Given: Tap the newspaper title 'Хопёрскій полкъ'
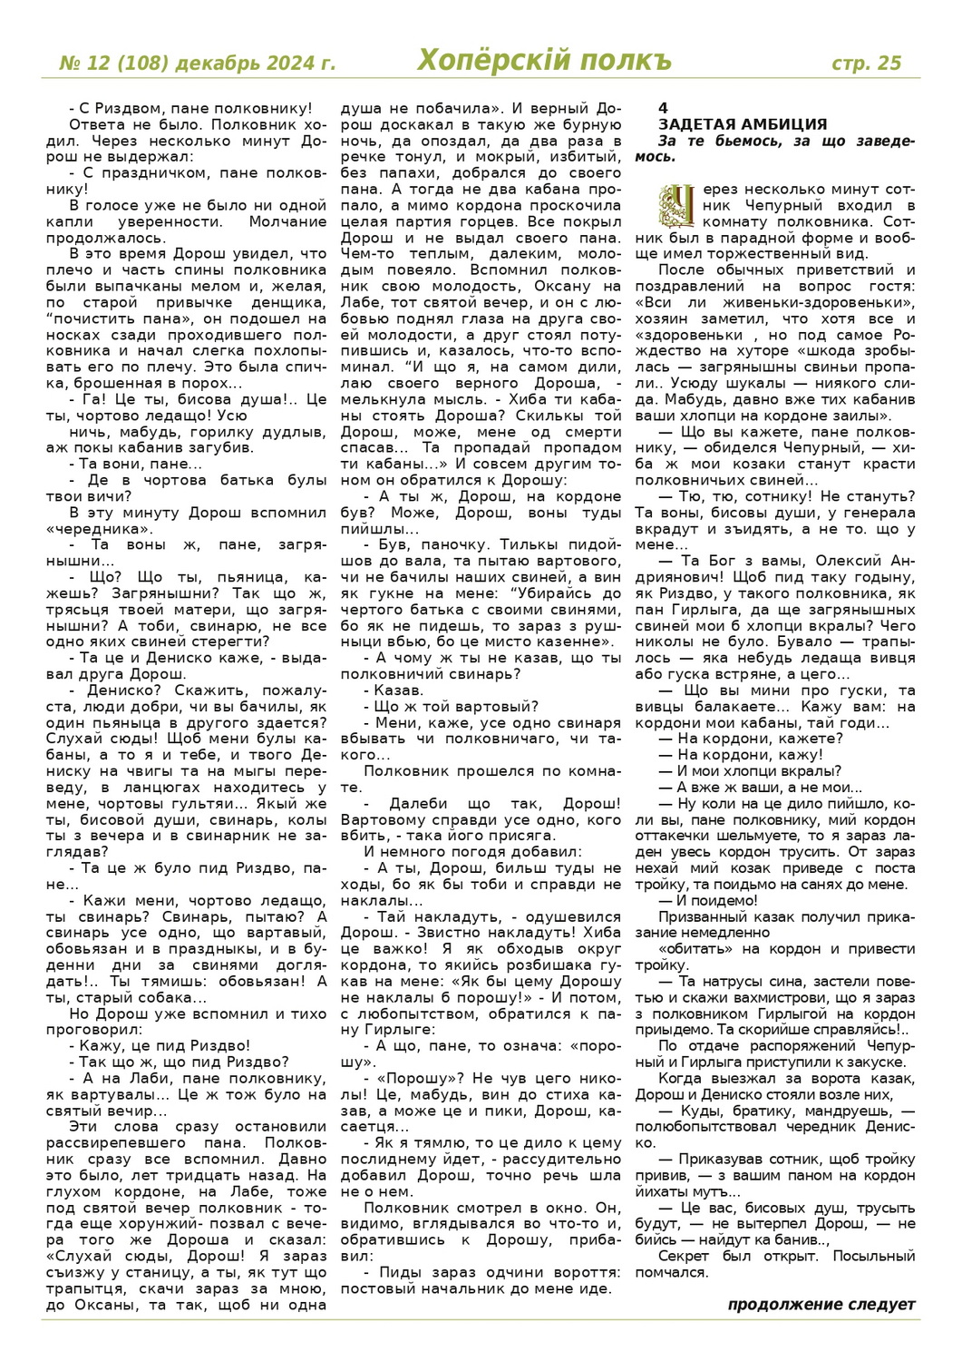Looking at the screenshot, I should click(544, 61).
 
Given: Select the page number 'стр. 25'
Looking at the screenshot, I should click(867, 63).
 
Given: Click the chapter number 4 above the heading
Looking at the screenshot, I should click(663, 109).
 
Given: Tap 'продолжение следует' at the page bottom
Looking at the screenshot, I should click(821, 1305).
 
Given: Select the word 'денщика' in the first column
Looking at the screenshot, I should click(294, 303).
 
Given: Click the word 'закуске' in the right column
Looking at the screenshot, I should click(881, 1062).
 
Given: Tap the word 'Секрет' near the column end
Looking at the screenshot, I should click(683, 1257).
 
